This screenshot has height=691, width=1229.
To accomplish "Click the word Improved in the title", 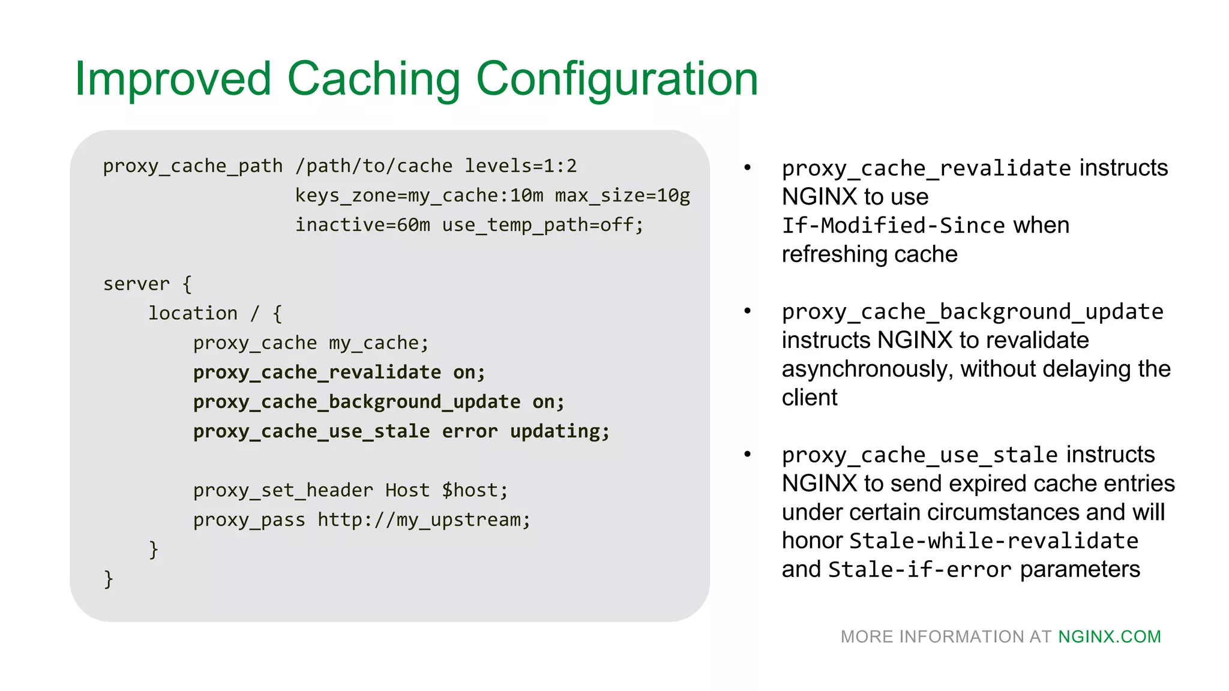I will [173, 79].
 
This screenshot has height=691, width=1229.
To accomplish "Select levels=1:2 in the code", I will [520, 166].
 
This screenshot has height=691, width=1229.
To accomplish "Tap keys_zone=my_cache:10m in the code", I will [419, 196].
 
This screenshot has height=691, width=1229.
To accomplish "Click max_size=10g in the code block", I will [622, 196].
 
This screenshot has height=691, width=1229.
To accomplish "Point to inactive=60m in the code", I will [362, 225].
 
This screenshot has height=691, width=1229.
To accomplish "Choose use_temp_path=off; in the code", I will [542, 225].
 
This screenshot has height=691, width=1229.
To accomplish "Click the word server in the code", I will [136, 284].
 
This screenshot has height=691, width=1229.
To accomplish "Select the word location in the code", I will [193, 313].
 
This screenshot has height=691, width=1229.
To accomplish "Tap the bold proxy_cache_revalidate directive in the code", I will [317, 372].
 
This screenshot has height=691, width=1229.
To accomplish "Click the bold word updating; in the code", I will [559, 431].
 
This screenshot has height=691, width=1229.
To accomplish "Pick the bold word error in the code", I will [470, 431].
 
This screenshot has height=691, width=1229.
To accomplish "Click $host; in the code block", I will [475, 491].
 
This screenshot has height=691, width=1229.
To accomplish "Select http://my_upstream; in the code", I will [424, 520].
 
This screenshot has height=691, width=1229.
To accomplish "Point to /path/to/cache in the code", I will [373, 166].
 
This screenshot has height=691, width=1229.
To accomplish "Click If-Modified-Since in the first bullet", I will [893, 226].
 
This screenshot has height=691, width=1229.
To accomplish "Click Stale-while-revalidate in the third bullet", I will [994, 541].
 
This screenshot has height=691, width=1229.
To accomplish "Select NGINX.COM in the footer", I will [1109, 636].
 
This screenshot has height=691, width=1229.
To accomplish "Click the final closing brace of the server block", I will [109, 579].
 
